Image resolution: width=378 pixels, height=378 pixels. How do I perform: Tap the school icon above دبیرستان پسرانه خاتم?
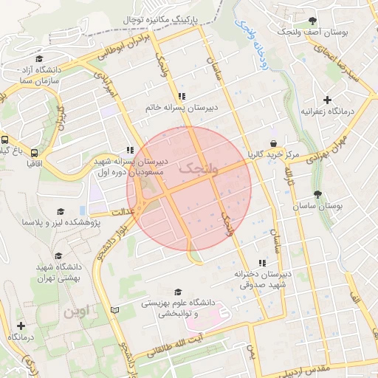[x=182, y=96]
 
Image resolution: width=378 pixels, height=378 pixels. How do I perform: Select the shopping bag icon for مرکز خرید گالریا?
[x=274, y=143]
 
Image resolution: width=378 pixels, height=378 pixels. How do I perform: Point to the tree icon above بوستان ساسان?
[x=317, y=194]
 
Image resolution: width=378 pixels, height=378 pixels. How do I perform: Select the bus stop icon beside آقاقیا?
[x=6, y=140]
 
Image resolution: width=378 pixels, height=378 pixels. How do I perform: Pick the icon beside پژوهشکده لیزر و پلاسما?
[x=94, y=221]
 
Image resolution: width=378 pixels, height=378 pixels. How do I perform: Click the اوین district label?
[x=76, y=312]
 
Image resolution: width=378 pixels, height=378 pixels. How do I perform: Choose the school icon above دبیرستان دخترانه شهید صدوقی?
[x=261, y=263]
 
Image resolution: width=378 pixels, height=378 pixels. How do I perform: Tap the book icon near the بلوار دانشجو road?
[x=113, y=309]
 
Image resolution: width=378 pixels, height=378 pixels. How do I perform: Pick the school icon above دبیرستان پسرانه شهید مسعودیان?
[x=131, y=148]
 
